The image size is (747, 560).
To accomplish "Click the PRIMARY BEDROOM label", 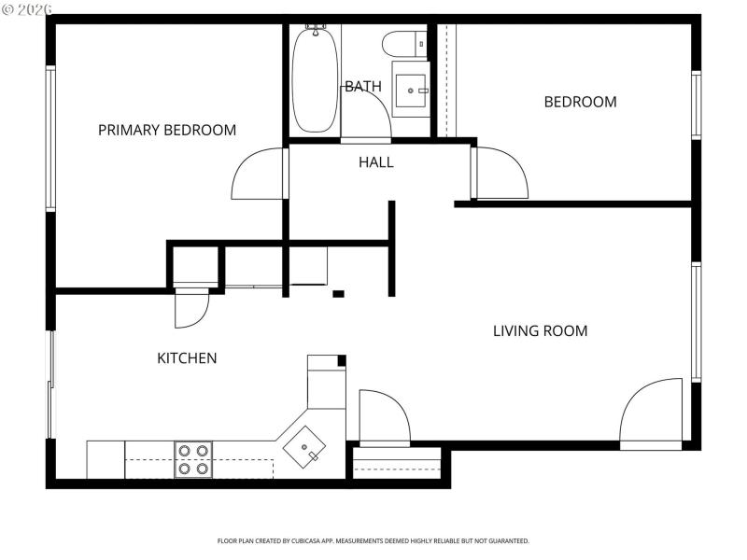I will click(167, 130).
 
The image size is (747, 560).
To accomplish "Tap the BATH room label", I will click(362, 87).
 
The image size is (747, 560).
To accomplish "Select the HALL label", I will click(376, 162).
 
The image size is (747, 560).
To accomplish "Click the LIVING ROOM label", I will click(540, 330).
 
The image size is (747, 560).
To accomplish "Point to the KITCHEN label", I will click(187, 357).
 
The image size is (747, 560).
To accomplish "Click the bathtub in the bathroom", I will click(316, 81).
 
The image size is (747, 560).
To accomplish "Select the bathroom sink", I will click(411, 91).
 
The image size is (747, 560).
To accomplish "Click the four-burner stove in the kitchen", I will click(192, 459).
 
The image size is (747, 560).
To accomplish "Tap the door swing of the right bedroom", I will click(501, 175).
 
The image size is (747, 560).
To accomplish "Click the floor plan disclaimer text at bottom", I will click(373, 540).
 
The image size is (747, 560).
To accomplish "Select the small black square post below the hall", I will click(338, 294).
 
